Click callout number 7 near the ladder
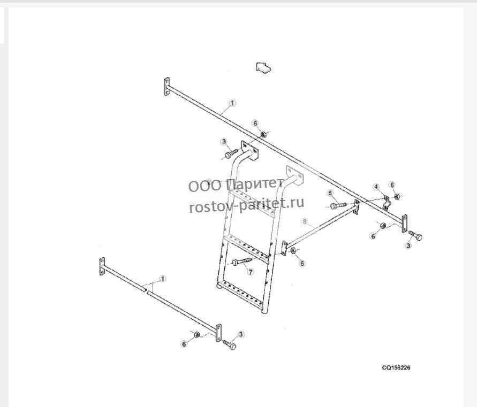coord(251,272)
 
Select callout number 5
coord(331,193)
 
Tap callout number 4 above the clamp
coord(376,186)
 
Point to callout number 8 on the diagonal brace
coord(305,221)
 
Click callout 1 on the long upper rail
coord(232,103)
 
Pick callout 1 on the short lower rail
coord(163,279)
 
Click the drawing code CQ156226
coord(396,367)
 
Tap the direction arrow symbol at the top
coord(263,67)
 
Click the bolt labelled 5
coord(338,205)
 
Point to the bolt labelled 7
coord(242,262)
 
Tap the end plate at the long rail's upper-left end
coord(166,87)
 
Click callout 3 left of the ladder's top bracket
coord(224,141)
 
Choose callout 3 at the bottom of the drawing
coord(241,335)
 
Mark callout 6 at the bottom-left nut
coord(184,344)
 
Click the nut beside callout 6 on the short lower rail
coord(197,335)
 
